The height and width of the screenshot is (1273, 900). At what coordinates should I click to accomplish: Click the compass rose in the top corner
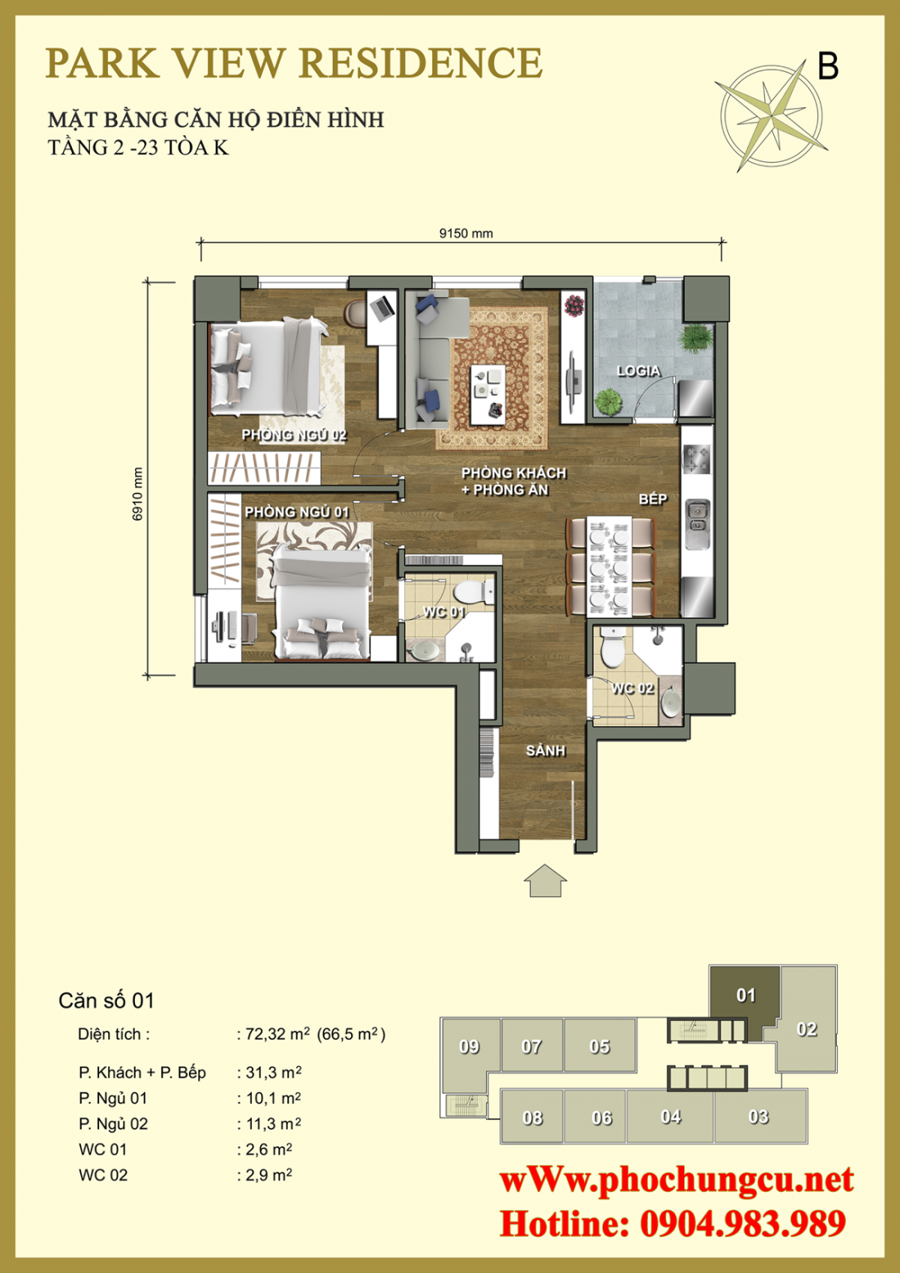(x=771, y=115)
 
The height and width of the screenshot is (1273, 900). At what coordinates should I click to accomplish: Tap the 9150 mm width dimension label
(x=466, y=233)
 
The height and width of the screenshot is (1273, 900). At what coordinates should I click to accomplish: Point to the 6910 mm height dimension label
(x=137, y=494)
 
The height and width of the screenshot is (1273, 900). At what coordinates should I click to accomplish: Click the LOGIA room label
(x=638, y=371)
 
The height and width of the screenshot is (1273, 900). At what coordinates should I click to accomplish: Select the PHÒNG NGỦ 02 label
(x=294, y=435)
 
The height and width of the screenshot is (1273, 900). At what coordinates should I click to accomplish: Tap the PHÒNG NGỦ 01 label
(x=296, y=512)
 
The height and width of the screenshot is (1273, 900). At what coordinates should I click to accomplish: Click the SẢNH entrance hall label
(x=545, y=750)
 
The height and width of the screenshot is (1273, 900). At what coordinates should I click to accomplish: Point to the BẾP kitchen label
(x=653, y=499)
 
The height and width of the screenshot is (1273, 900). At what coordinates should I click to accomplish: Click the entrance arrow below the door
(x=545, y=881)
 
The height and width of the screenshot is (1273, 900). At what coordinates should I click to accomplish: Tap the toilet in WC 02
(x=611, y=648)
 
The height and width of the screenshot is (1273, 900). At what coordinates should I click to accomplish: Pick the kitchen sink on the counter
(x=697, y=514)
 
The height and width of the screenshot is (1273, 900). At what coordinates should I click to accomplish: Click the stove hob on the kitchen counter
(x=696, y=458)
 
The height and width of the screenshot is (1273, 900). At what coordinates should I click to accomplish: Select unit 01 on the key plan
(x=745, y=995)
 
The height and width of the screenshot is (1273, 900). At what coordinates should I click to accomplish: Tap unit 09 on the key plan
(x=469, y=1046)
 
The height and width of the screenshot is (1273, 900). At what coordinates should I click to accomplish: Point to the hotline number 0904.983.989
(x=742, y=1224)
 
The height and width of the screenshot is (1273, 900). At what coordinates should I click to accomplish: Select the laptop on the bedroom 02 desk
(x=382, y=309)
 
